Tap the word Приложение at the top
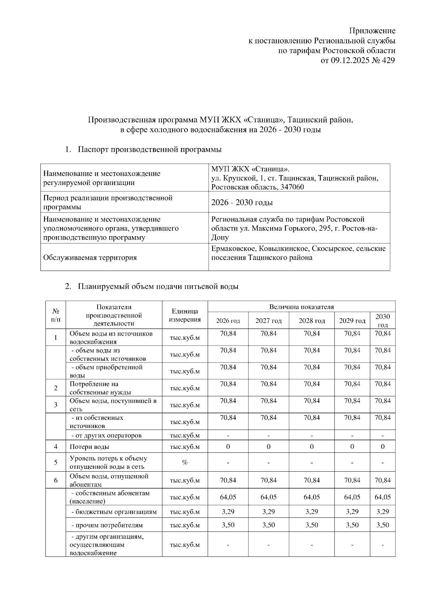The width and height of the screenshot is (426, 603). click(x=372, y=31)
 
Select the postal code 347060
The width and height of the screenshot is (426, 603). click(x=292, y=187)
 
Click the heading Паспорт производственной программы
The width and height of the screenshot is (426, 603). click(x=149, y=150)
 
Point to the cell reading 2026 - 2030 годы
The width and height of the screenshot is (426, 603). click(x=242, y=202)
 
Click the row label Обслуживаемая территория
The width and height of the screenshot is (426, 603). click(x=90, y=257)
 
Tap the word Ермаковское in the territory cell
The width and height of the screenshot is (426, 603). click(x=233, y=249)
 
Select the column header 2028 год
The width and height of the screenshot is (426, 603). click(x=312, y=321)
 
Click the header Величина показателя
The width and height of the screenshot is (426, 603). click(x=301, y=307)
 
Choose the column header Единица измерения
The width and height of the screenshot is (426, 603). click(x=185, y=315)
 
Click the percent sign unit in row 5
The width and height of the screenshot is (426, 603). click(x=185, y=462)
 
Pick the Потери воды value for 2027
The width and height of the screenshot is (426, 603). click(x=268, y=447)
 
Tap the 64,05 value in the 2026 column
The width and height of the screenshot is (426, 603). click(x=228, y=497)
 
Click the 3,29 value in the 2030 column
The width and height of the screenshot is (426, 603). click(x=382, y=512)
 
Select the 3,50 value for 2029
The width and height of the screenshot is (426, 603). click(x=352, y=525)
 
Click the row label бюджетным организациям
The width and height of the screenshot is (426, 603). click(x=114, y=512)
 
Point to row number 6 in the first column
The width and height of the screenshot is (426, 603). click(x=56, y=480)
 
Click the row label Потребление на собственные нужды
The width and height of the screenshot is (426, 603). click(x=100, y=388)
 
